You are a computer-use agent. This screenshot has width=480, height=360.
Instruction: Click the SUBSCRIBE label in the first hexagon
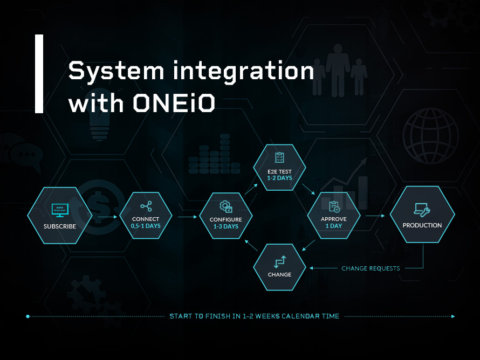[60, 226]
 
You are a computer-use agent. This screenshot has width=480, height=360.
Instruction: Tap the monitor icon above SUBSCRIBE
[59, 210]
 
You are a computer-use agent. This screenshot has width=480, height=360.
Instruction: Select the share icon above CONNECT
[146, 206]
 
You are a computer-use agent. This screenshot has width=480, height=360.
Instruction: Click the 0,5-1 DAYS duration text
[146, 226]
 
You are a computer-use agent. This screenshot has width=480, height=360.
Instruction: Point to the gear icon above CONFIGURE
[225, 206]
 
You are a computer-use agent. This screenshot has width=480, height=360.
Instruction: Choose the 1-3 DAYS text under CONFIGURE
[225, 227]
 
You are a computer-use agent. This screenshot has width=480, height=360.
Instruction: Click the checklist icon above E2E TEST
[279, 157]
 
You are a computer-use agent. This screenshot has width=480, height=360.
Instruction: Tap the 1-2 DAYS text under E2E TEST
[279, 178]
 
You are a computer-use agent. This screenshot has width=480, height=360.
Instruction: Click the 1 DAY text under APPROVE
[334, 226]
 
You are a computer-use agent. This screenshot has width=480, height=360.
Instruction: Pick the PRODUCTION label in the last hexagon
[422, 225]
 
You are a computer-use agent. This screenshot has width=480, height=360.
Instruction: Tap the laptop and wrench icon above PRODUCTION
[422, 209]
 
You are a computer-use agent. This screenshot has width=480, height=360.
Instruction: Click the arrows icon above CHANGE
[279, 261]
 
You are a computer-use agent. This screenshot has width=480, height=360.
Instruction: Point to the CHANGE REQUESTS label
[371, 268]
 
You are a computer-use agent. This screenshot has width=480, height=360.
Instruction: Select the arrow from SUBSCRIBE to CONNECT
[107, 217]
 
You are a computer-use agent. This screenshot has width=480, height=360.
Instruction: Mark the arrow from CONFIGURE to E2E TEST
[250, 188]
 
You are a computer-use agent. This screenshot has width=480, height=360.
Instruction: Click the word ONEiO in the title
[174, 102]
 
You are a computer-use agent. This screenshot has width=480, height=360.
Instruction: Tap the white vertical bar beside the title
[39, 74]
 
